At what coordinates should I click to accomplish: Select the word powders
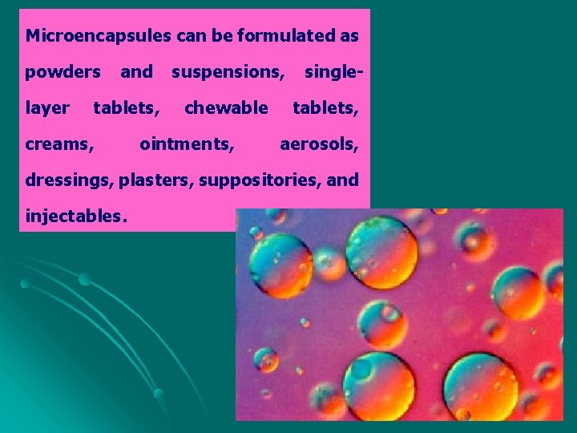[63, 72]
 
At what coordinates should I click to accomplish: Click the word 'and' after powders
[136, 72]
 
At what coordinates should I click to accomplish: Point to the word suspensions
[228, 72]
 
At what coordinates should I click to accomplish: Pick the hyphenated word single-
[333, 72]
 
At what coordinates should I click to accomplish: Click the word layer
[47, 108]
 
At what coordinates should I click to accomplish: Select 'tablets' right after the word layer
[127, 108]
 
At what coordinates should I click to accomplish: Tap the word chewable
[226, 108]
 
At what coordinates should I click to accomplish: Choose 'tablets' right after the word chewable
[325, 108]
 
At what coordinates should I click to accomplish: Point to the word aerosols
[319, 144]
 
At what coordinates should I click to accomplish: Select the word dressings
[70, 180]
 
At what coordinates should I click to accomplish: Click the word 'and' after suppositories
[343, 180]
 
